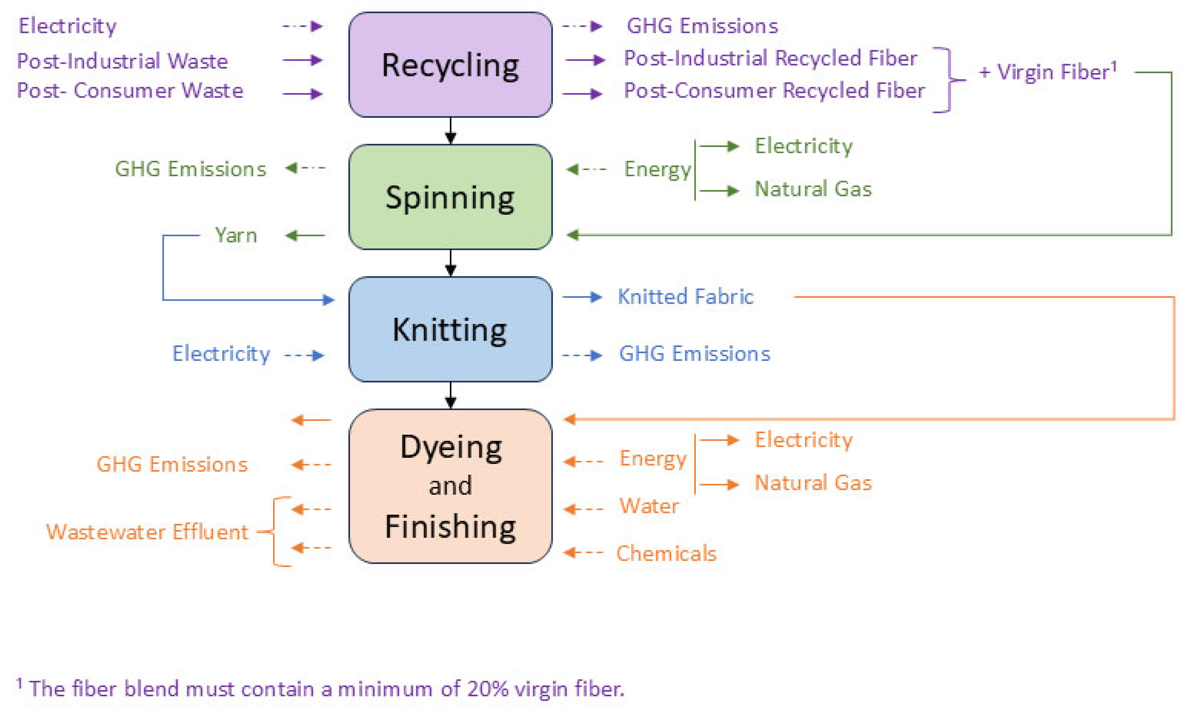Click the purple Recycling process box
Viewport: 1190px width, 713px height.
point(450,65)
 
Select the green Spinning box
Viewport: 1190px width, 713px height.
point(450,197)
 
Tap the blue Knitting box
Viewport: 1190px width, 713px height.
point(450,329)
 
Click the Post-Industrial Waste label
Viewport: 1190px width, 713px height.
point(122,61)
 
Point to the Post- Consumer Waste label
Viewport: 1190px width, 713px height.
point(130,91)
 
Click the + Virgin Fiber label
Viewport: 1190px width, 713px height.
point(1048,72)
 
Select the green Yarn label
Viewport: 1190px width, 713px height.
point(236,235)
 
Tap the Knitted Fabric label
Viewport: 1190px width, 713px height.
point(685,297)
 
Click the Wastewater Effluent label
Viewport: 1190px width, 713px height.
point(147,532)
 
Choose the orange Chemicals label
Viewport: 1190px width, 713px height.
point(666,554)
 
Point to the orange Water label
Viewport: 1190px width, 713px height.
point(649,506)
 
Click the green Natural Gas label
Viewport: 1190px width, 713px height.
point(813,189)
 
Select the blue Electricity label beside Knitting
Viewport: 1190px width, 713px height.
point(222,354)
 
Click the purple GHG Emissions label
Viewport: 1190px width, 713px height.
point(702,26)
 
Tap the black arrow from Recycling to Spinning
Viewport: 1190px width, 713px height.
point(450,131)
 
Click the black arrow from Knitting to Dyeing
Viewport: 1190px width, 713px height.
point(450,395)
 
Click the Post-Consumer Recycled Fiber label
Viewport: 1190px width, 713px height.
point(774,91)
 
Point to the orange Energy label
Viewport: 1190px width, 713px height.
point(653,459)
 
